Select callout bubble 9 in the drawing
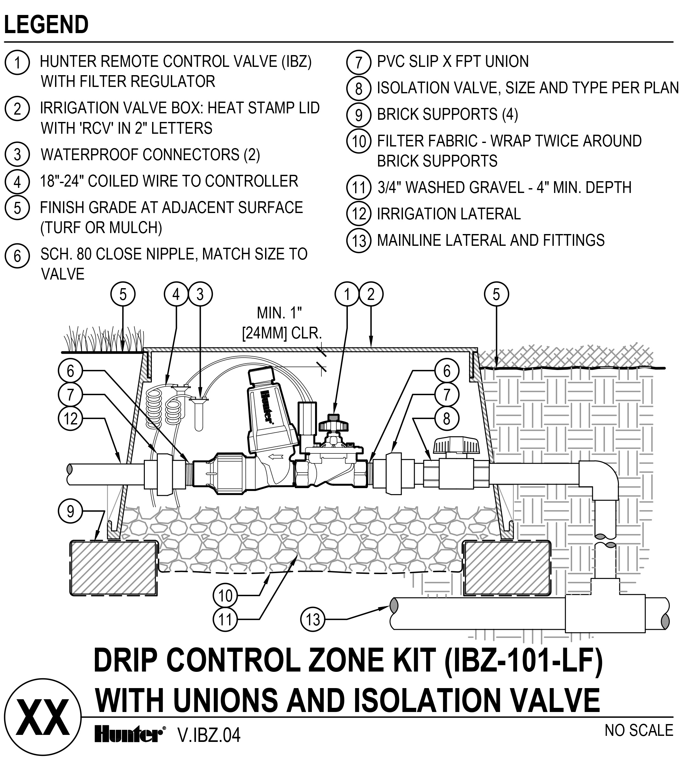point(70,511)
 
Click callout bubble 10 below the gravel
point(225,595)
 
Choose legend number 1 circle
point(17,62)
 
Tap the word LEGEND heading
point(46,25)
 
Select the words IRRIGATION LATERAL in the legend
point(449,214)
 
